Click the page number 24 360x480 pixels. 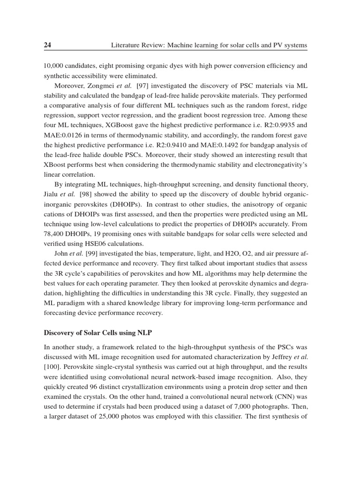click(x=47, y=45)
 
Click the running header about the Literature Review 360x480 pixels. click(x=209, y=45)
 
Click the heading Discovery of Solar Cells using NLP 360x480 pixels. click(x=98, y=333)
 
